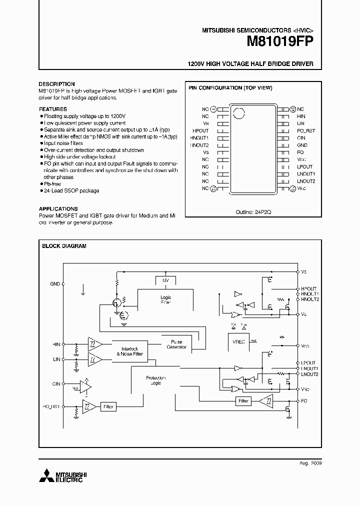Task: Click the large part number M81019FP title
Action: coord(279,42)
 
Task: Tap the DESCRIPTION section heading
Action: coord(56,84)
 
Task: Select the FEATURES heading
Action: coord(52,109)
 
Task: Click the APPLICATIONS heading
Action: coord(58,209)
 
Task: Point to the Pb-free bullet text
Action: coord(52,184)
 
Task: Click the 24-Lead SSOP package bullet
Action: coord(71,190)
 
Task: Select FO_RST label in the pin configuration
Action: coord(305,130)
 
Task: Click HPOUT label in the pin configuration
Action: coord(200,130)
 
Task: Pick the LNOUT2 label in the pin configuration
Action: coord(306,181)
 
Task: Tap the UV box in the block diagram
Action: coord(165,280)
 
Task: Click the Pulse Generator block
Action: coord(176,344)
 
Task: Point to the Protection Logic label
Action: coord(155,380)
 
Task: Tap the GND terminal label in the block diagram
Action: coord(55,284)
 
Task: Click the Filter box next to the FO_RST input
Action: coord(108,407)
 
